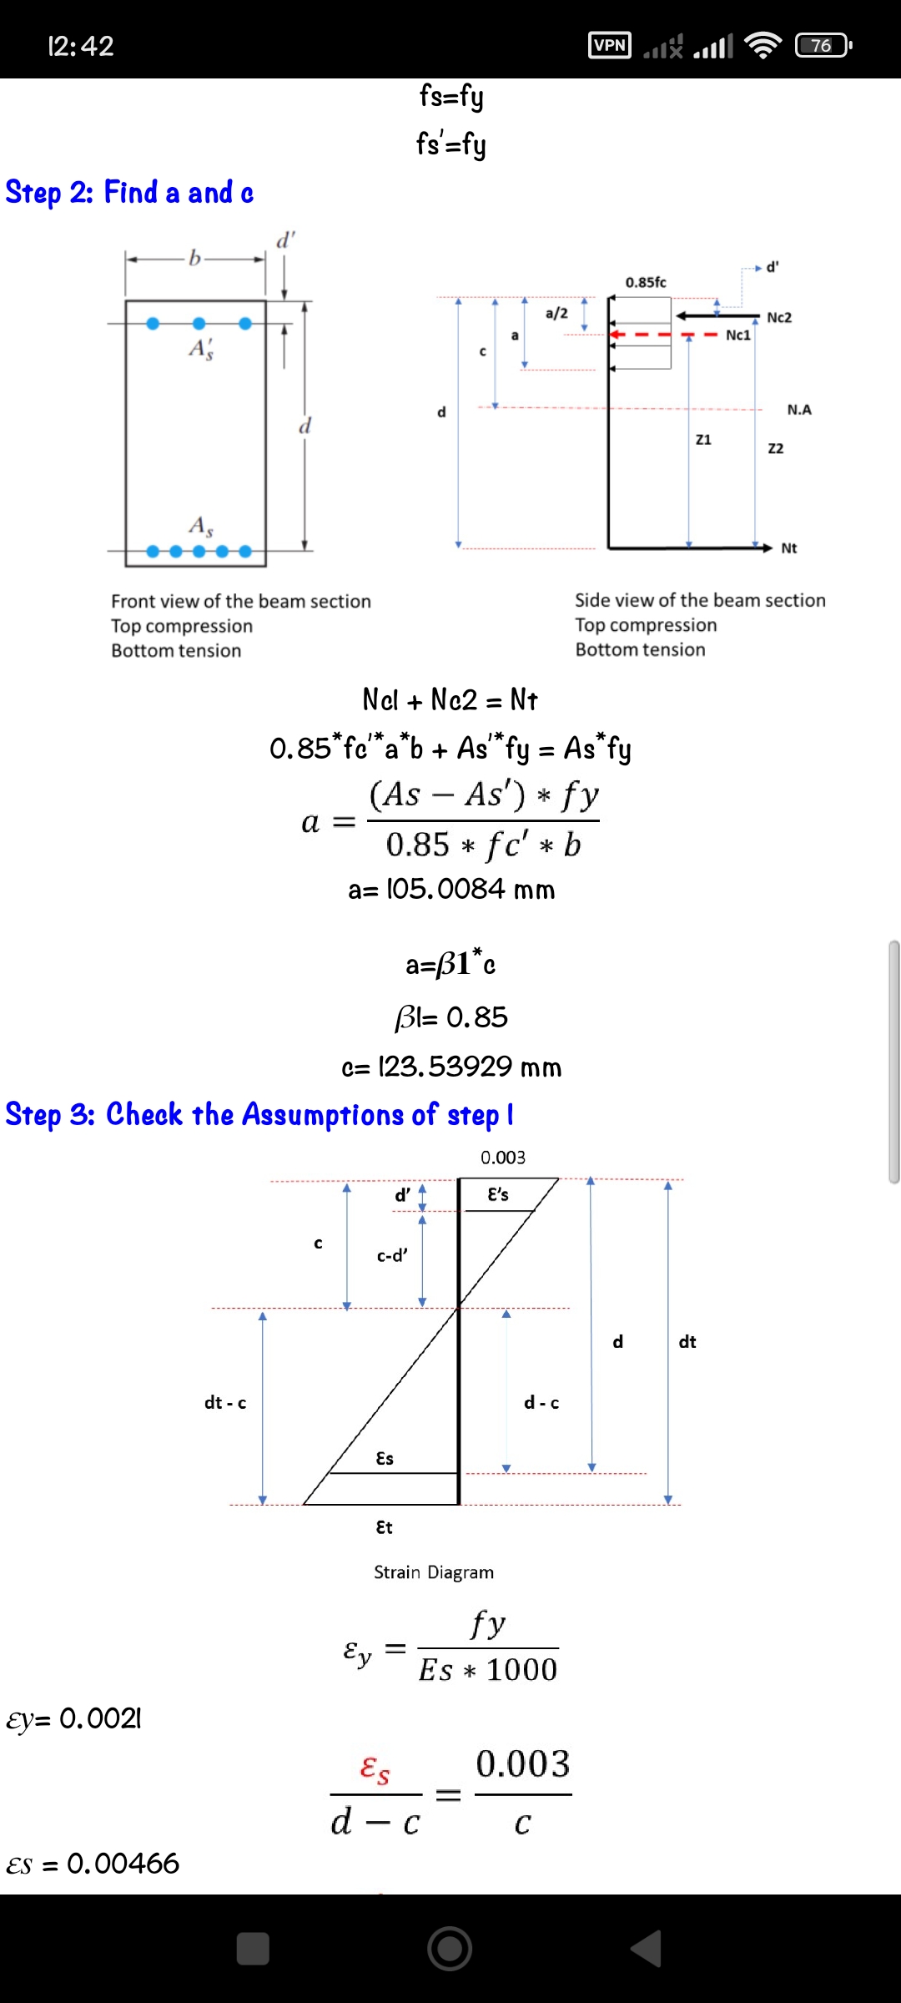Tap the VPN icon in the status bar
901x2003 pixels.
click(x=610, y=45)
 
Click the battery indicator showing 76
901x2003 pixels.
click(x=823, y=45)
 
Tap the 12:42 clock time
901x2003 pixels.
click(x=81, y=46)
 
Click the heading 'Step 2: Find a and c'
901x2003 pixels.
click(x=129, y=193)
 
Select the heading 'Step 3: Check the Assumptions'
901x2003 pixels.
click(x=259, y=1114)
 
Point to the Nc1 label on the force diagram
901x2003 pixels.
click(x=738, y=335)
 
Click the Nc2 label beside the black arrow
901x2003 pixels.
click(x=779, y=317)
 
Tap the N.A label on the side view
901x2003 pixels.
click(x=799, y=409)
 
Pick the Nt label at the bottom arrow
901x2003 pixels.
click(x=789, y=548)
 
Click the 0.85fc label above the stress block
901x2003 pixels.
click(x=646, y=282)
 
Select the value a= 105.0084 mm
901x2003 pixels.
click(x=451, y=889)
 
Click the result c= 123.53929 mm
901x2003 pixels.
click(x=451, y=1067)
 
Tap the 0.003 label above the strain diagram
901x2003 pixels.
click(x=503, y=1158)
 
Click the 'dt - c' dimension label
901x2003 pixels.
click(x=225, y=1403)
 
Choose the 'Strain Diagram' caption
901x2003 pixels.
click(x=434, y=1572)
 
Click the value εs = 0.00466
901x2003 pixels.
click(x=93, y=1864)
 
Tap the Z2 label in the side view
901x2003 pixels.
click(x=776, y=448)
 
